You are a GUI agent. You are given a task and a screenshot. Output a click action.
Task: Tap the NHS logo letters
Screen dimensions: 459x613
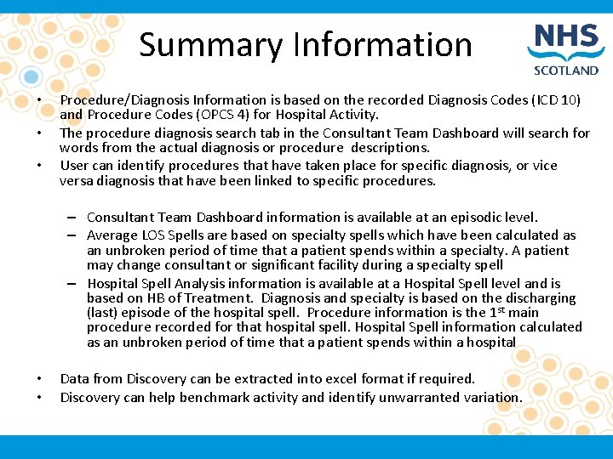click(566, 40)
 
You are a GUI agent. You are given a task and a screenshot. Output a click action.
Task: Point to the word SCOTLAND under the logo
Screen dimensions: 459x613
click(566, 71)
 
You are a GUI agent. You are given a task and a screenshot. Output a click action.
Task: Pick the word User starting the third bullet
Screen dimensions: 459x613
click(74, 165)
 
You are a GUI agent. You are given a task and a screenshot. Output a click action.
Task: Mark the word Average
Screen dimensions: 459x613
click(112, 235)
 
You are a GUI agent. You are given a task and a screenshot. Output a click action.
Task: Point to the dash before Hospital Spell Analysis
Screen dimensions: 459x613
click(75, 283)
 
